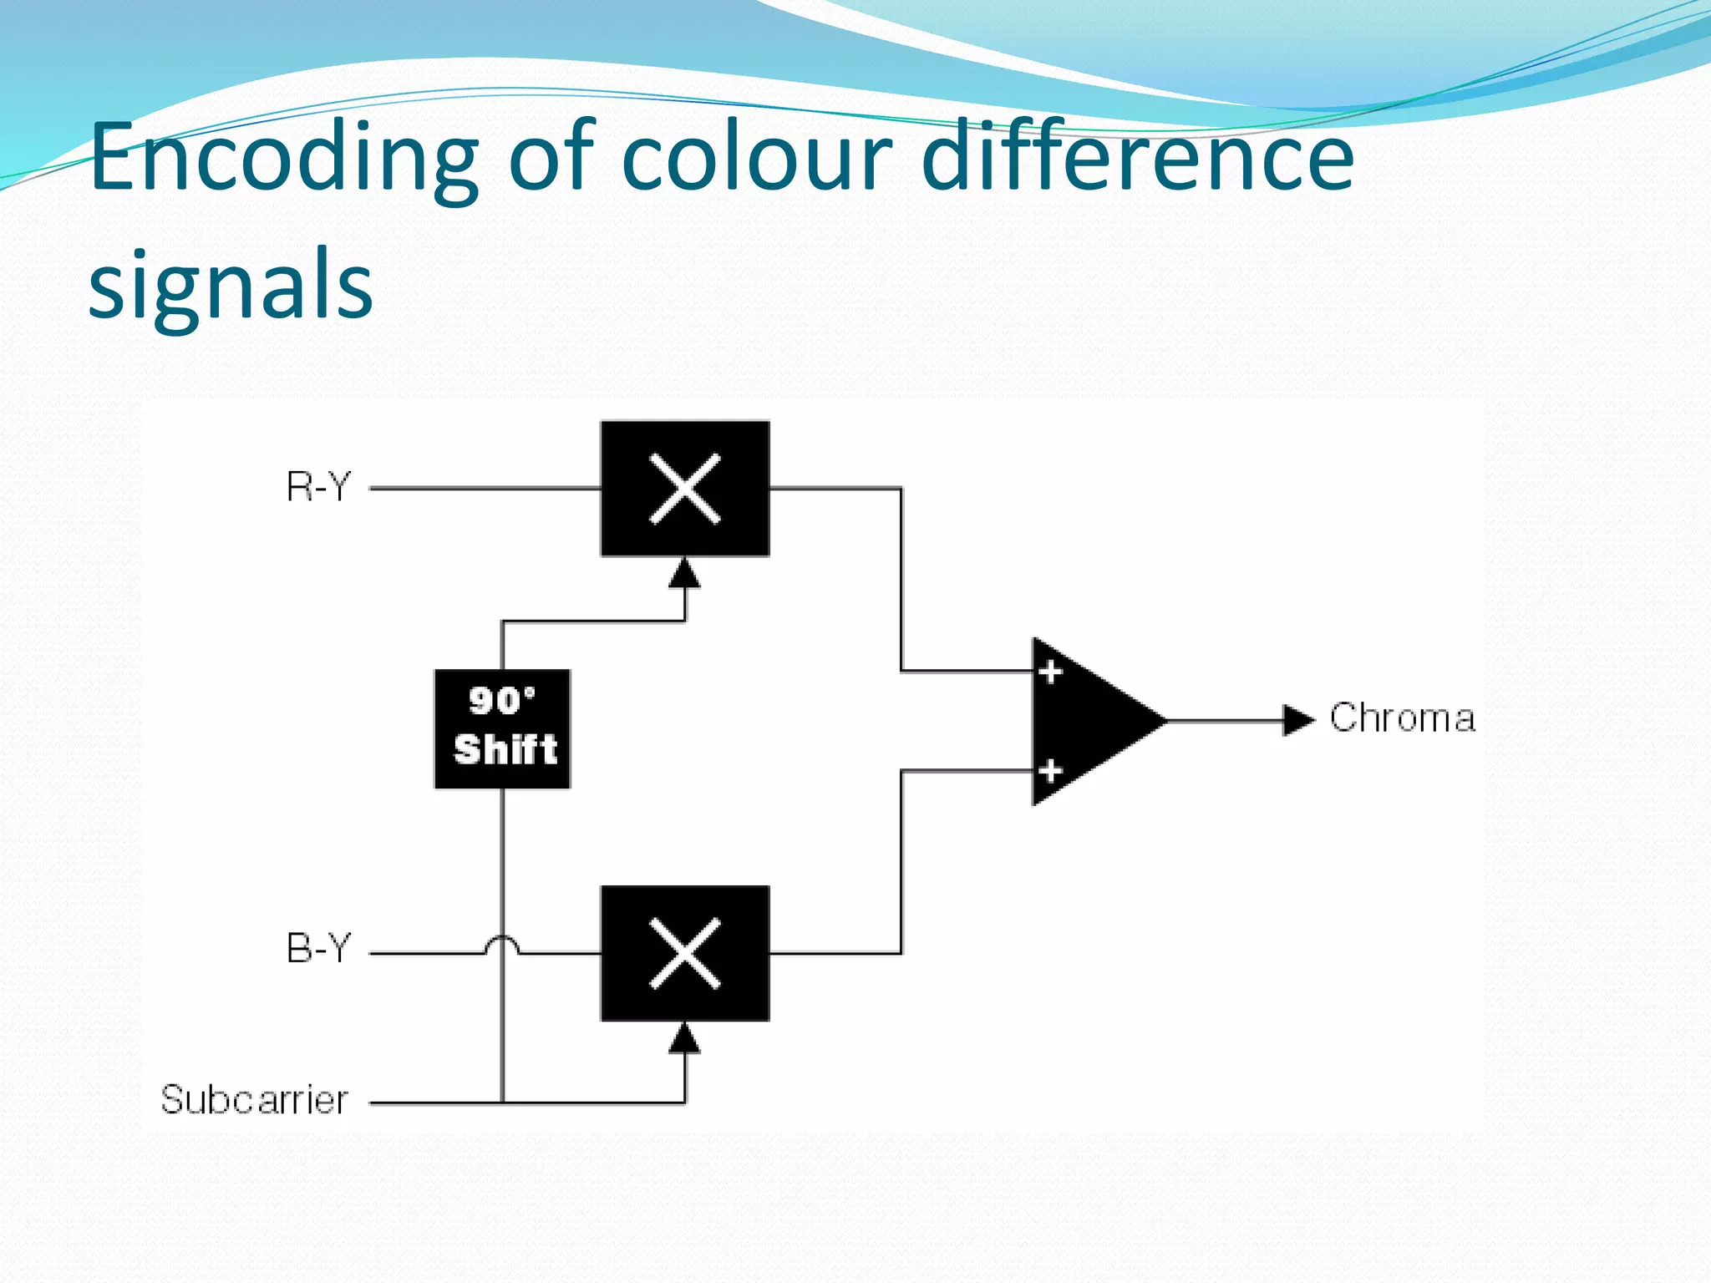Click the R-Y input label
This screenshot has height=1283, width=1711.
tap(318, 487)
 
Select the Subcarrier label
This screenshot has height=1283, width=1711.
tap(254, 1100)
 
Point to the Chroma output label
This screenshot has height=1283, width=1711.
tap(1403, 718)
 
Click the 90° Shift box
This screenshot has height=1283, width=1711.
tap(503, 729)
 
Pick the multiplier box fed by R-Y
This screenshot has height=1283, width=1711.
tap(685, 489)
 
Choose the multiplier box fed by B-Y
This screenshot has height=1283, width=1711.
tap(685, 953)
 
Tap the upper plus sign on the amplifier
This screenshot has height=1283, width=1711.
tap(1050, 672)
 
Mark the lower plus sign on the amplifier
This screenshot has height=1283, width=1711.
tap(1050, 770)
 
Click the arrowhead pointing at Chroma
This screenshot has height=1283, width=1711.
tap(1298, 720)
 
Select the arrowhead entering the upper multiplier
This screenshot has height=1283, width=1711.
tap(685, 573)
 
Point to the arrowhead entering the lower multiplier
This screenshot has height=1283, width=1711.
tap(685, 1037)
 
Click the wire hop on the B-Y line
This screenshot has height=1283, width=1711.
tap(502, 945)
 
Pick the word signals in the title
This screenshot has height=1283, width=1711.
tap(231, 286)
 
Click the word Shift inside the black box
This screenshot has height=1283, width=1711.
tap(505, 749)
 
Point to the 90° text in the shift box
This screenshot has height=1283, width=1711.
tap(502, 701)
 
